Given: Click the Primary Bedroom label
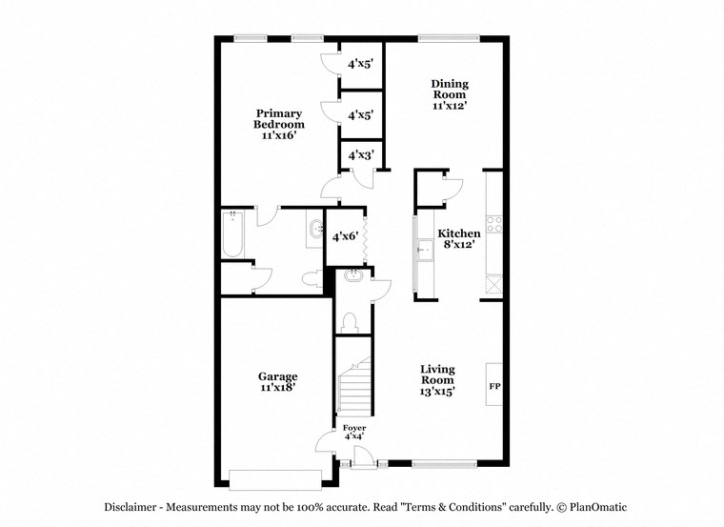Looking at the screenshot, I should click(x=278, y=125).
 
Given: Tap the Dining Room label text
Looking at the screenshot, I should click(x=451, y=95).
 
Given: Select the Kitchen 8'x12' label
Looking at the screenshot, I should click(x=458, y=239).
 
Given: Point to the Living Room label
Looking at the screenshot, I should click(x=438, y=379).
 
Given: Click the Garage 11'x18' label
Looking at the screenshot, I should click(x=278, y=382).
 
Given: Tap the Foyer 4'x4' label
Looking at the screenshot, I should click(x=353, y=432).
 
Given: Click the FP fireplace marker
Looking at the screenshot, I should click(x=494, y=387).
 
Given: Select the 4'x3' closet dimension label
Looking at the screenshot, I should click(x=360, y=154).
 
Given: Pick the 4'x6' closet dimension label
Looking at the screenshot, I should click(x=345, y=235).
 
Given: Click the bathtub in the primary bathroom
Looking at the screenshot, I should click(x=233, y=234).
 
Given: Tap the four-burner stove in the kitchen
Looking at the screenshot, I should click(x=494, y=225).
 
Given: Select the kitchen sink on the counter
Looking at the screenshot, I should click(x=420, y=252).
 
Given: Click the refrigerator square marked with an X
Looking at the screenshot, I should click(x=493, y=283).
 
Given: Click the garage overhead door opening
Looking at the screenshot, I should click(x=277, y=478).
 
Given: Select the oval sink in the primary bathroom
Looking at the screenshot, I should click(x=315, y=230).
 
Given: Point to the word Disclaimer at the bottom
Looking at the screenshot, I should click(x=131, y=507).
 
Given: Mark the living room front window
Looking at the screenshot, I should click(x=444, y=464).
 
